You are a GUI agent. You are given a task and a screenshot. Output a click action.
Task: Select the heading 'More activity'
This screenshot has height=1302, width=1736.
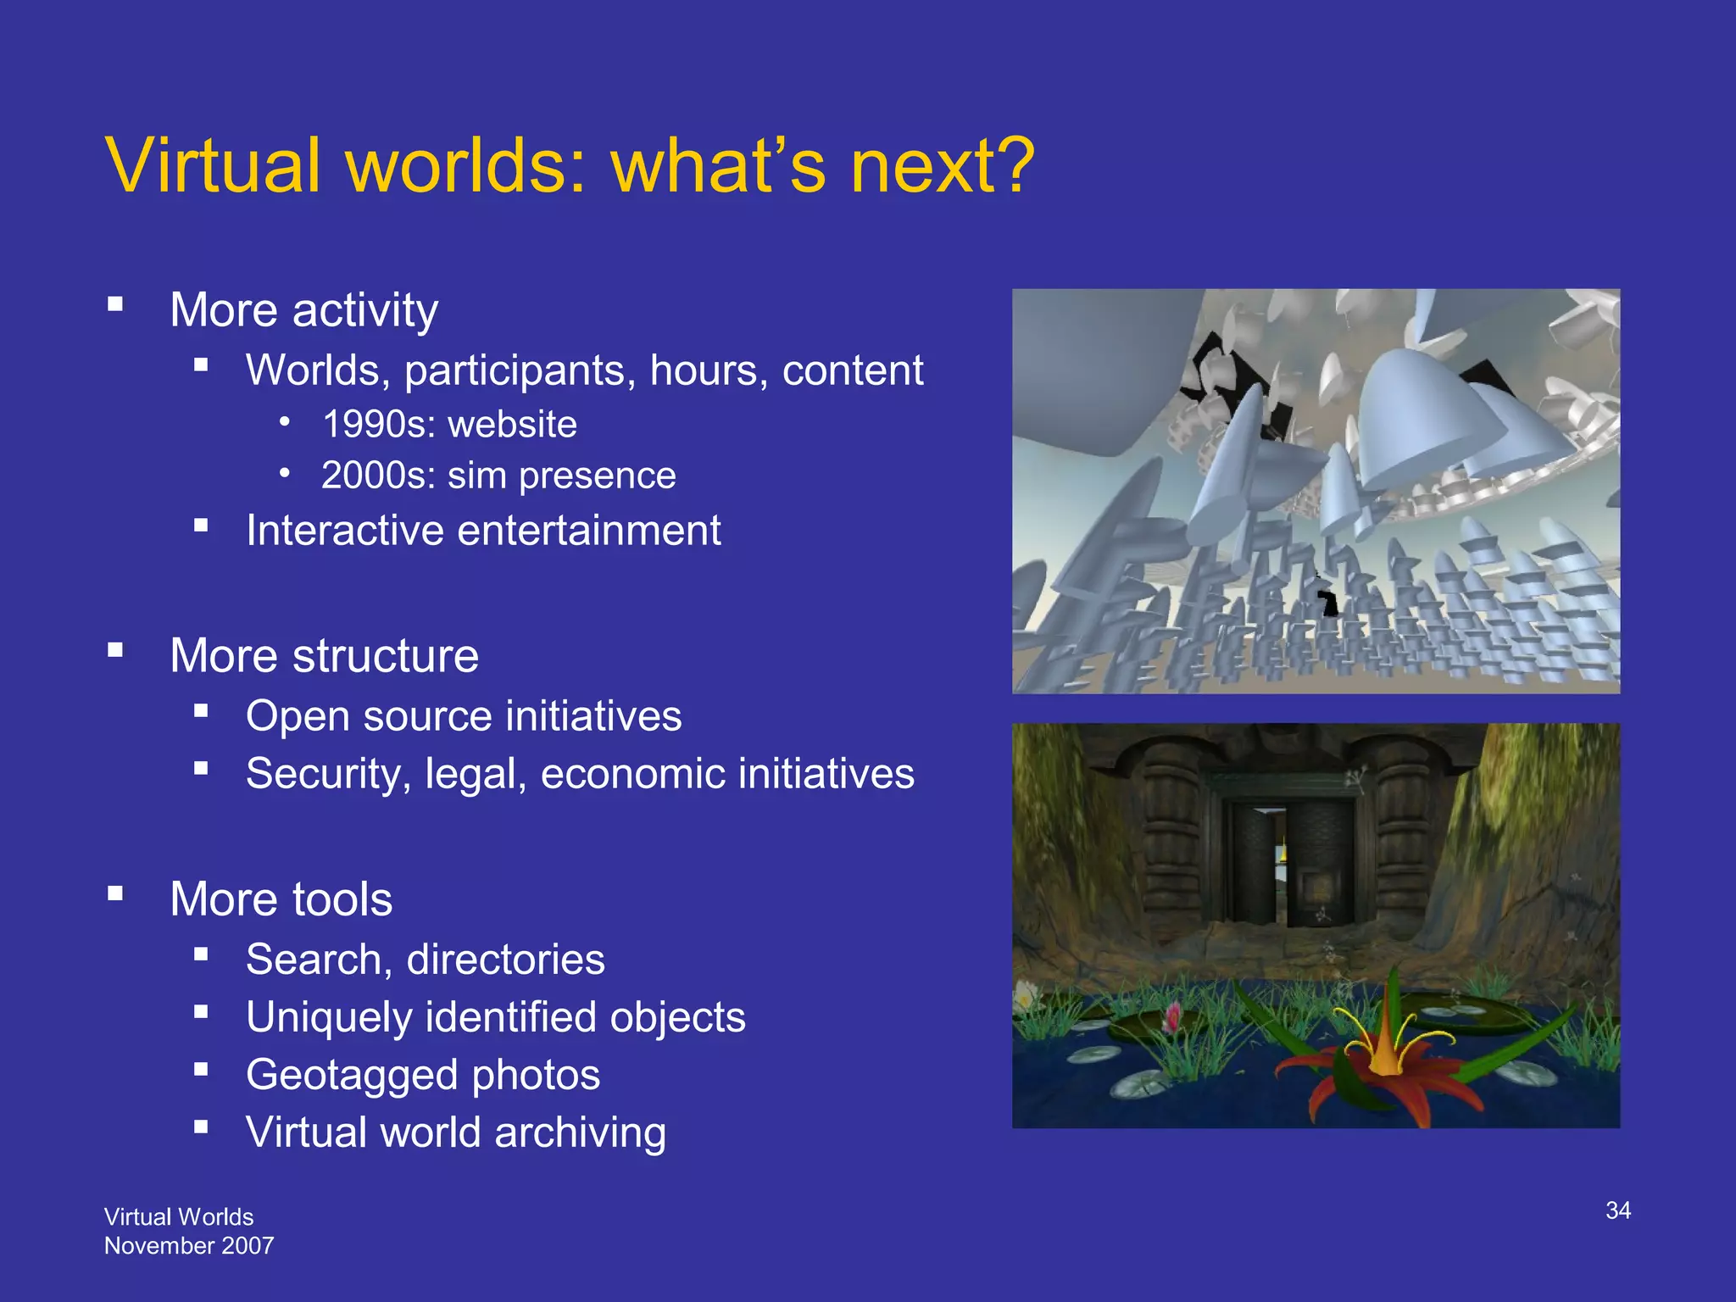tap(303, 310)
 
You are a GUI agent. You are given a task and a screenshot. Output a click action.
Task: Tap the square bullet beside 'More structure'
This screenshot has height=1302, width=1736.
tap(116, 650)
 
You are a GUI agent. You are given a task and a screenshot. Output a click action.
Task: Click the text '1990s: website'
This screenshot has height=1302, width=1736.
tap(449, 424)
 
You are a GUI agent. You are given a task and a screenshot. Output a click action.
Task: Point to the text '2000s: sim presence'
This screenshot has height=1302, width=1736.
tap(498, 476)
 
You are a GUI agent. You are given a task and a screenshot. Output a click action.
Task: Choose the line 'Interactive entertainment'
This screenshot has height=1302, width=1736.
tap(483, 531)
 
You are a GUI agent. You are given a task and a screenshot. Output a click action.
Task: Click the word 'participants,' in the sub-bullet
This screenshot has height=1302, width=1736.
tap(520, 371)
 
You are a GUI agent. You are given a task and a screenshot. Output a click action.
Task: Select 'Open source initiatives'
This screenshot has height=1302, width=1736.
tap(464, 716)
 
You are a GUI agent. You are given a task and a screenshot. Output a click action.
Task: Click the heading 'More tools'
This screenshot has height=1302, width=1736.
tap(281, 899)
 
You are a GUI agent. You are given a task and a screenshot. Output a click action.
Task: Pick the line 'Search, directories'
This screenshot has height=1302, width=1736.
tap(426, 960)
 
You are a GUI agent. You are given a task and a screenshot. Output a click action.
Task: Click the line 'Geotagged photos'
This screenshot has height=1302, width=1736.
tap(423, 1076)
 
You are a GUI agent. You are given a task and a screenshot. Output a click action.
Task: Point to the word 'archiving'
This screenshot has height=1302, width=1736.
tap(580, 1133)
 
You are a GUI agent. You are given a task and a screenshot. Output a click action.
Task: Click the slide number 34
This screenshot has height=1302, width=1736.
tap(1617, 1210)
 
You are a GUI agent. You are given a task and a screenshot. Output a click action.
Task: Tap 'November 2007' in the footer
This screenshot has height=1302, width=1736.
tap(189, 1246)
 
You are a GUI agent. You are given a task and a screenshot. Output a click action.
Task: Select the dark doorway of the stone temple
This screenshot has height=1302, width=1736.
tap(1263, 865)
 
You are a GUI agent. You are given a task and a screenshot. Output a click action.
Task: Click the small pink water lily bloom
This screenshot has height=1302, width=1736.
tap(1174, 1012)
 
